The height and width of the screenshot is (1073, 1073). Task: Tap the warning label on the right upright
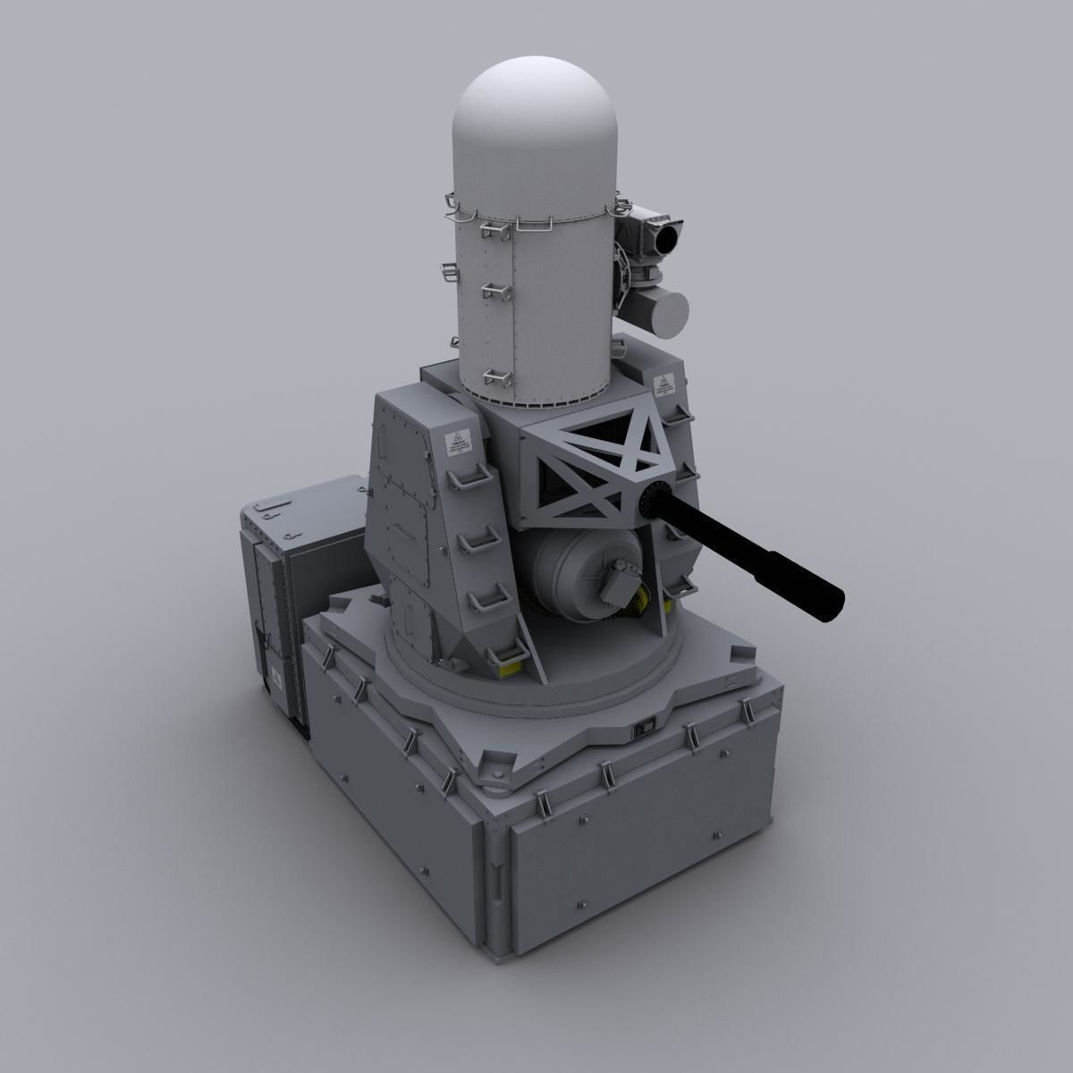[663, 385]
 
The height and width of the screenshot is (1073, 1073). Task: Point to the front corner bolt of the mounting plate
[494, 771]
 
